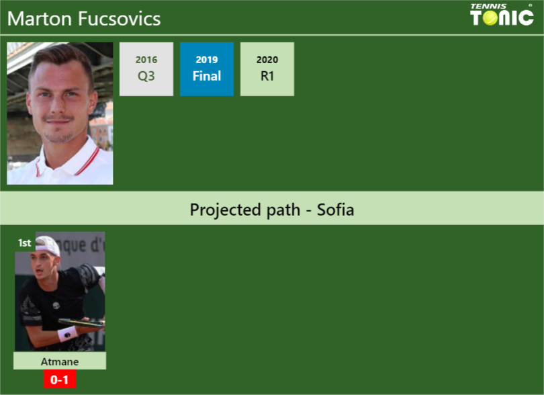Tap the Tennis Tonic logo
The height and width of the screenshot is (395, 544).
coord(502,15)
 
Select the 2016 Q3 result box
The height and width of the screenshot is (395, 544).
coord(146,69)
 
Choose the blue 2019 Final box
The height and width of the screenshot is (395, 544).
coord(207,69)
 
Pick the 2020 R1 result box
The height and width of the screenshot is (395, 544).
coord(267,69)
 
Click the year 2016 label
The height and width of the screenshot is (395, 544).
coord(146,60)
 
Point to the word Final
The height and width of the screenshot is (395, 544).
coord(207,76)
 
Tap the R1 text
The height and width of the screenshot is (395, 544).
coord(267,76)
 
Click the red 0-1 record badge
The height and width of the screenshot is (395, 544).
coord(60,380)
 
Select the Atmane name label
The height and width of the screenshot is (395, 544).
coord(60,361)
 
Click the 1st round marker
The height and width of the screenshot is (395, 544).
coord(25,243)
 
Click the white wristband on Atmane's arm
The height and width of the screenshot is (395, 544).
coord(67,333)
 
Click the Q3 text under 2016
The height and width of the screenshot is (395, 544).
coord(146,76)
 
